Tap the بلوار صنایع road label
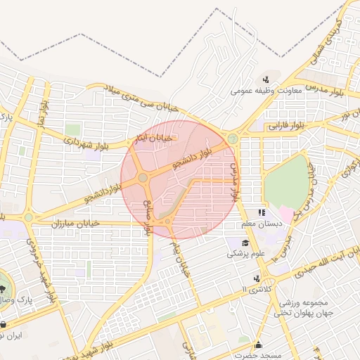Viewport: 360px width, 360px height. (148, 219)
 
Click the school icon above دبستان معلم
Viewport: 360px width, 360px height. (262, 212)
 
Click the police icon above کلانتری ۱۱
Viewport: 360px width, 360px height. (257, 278)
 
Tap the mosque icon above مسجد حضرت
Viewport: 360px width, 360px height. (258, 345)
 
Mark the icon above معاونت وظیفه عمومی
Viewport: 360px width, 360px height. (266, 79)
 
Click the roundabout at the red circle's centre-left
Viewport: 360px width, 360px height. (143, 178)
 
